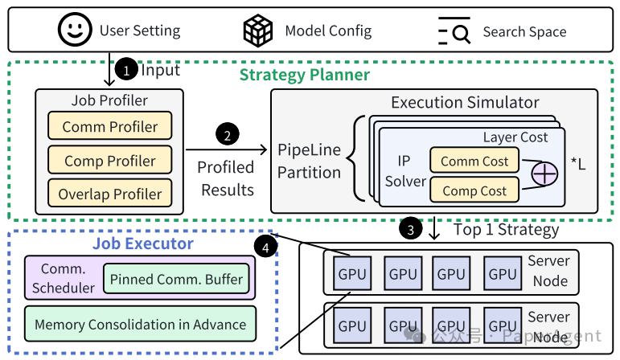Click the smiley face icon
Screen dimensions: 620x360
(75, 30)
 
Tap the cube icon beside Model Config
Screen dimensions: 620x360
(258, 31)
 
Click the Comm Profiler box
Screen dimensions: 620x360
(110, 126)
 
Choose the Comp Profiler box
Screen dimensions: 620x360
(110, 160)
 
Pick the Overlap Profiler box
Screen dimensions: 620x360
(110, 193)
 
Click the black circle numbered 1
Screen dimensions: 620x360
(126, 69)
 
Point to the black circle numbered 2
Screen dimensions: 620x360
(228, 134)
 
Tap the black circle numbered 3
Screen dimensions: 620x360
(410, 228)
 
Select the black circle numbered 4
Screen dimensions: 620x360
(265, 247)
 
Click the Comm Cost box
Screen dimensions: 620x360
(474, 161)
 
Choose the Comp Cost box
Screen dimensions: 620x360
(474, 190)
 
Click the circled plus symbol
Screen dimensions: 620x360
(544, 174)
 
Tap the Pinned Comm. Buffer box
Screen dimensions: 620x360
(176, 279)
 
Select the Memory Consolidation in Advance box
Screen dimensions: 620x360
(141, 324)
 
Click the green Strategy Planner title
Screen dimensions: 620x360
(305, 75)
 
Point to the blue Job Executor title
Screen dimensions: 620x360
(143, 243)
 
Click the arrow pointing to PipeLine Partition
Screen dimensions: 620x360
(227, 149)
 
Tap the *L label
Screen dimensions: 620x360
(578, 163)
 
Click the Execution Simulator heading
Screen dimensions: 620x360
(465, 102)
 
